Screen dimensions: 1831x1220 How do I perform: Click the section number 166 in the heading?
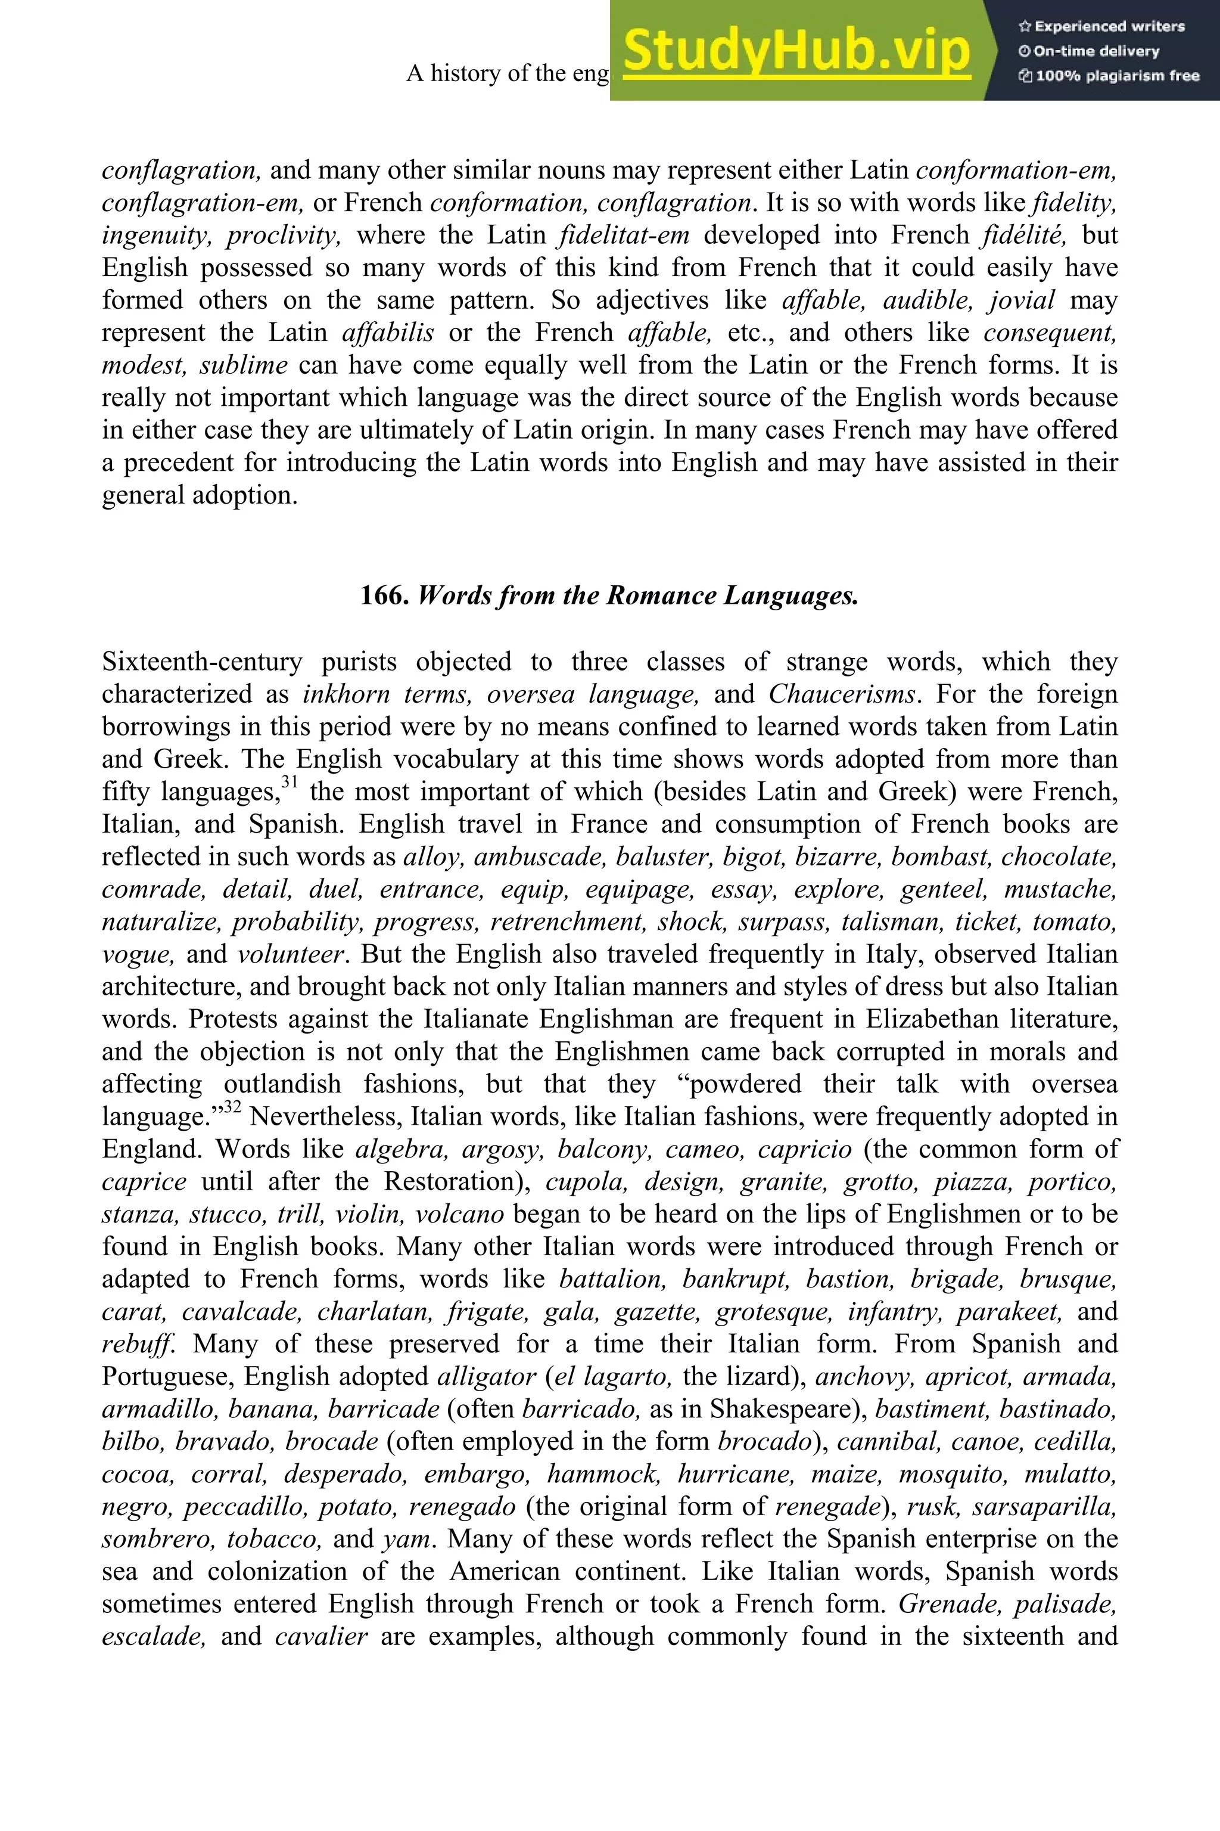pyautogui.click(x=384, y=595)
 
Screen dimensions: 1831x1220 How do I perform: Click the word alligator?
pyautogui.click(x=486, y=1376)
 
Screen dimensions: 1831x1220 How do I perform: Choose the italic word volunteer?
pyautogui.click(x=290, y=954)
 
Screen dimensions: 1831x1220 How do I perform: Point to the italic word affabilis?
pyautogui.click(x=387, y=333)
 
